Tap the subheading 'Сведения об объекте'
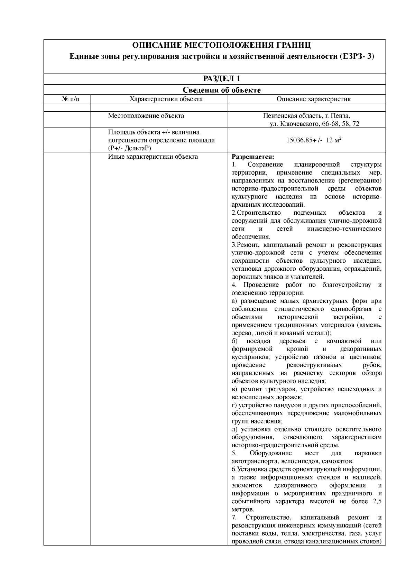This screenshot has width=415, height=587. [x=221, y=90]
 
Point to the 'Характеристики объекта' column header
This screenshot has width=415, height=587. [x=166, y=99]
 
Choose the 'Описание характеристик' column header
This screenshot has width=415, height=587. [x=313, y=99]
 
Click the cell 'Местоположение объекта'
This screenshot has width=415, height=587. [x=146, y=116]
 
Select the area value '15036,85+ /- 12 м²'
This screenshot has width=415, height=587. [x=314, y=140]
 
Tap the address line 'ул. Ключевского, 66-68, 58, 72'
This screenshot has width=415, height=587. [x=314, y=124]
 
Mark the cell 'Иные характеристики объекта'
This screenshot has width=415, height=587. [x=153, y=157]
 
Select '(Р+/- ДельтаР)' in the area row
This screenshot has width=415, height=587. [x=130, y=148]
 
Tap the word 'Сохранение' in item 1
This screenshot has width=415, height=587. [x=265, y=165]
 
